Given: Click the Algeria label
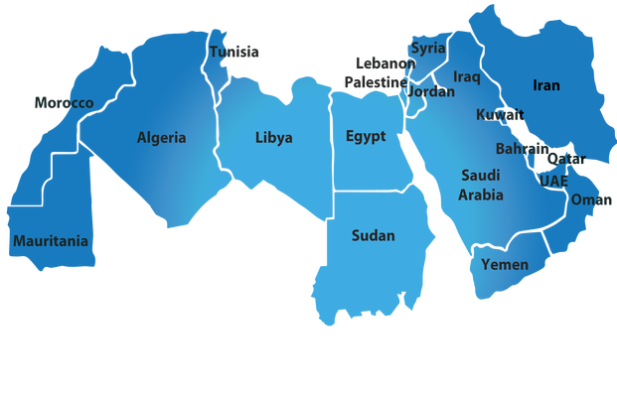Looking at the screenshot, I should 161,138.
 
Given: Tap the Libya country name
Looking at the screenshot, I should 273,138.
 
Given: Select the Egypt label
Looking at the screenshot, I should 366,136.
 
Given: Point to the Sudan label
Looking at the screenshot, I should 373,236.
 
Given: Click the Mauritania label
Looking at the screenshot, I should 50,241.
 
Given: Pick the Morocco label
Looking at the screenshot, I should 63,103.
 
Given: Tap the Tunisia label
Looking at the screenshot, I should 235,52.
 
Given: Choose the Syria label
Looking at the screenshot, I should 428,48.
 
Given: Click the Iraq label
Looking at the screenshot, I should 467,76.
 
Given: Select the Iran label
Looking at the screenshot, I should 546,85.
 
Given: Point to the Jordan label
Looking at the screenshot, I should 431,91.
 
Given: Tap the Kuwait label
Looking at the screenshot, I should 499,115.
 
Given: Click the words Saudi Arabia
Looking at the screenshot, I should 481,185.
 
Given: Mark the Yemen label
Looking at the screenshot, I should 505,264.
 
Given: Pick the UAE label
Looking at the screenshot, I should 553,181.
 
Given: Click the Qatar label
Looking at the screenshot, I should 566,159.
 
